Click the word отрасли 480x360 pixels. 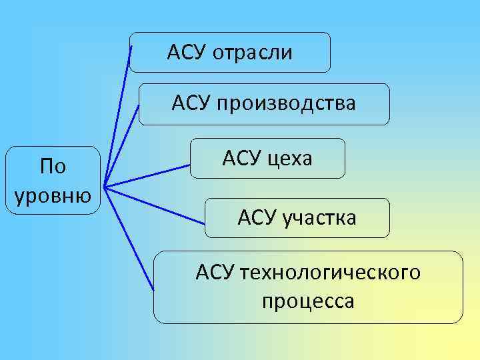click(253, 53)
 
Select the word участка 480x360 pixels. click(319, 218)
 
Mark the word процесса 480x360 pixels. click(308, 301)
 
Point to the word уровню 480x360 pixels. click(53, 195)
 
